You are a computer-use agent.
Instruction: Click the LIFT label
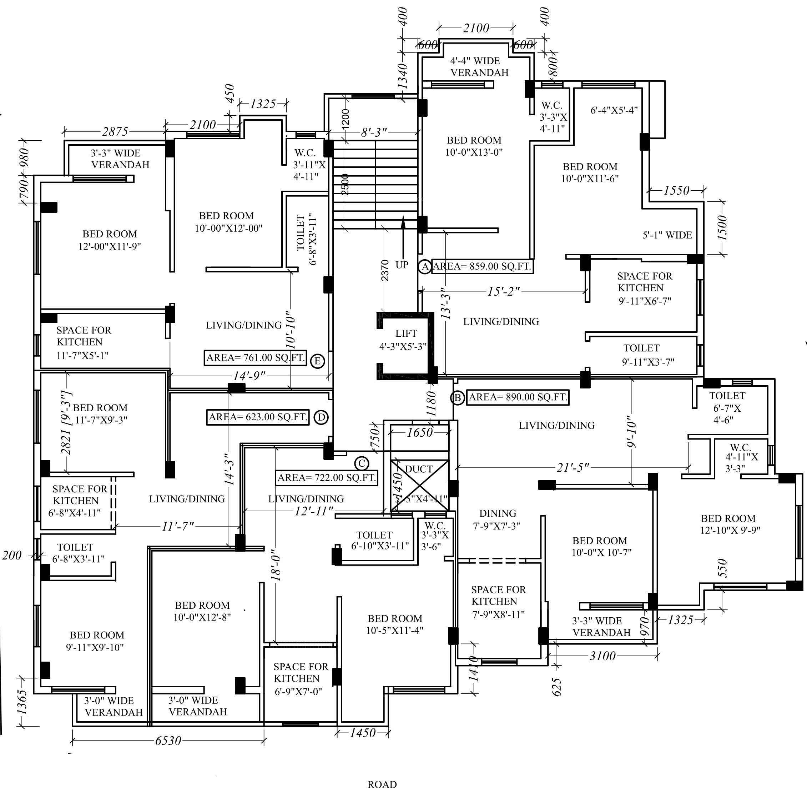(406, 333)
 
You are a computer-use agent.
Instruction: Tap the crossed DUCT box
(419, 485)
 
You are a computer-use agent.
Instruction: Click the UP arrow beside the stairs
(403, 237)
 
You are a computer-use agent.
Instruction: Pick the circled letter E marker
(317, 361)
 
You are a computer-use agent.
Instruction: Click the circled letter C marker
(362, 463)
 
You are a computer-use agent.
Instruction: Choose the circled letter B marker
(457, 398)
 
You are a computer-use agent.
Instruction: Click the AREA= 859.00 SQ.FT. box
(482, 266)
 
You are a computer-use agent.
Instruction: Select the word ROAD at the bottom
(382, 785)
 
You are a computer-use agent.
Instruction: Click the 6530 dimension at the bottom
(168, 741)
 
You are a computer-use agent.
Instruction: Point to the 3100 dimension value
(602, 656)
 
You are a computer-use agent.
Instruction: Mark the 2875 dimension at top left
(115, 132)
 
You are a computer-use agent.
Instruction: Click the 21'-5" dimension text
(573, 467)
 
